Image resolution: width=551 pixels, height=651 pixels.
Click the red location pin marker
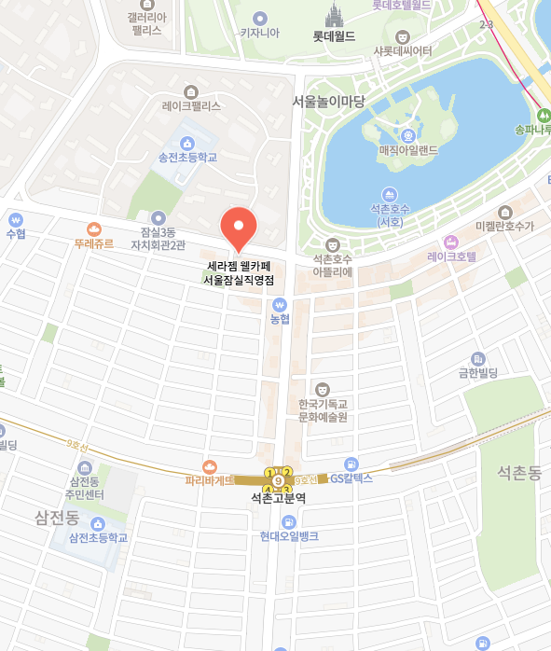238,227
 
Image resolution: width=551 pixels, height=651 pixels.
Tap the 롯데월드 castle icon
334,16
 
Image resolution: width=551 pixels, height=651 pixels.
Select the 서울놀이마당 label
327,101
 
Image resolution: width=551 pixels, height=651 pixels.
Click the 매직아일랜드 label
408,149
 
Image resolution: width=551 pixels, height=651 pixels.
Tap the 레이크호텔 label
451,256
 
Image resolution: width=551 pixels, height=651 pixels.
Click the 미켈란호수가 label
504,227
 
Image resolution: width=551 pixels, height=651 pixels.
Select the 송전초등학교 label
187,158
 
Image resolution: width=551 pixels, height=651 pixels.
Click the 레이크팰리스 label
191,105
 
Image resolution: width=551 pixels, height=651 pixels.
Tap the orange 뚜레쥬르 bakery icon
93,229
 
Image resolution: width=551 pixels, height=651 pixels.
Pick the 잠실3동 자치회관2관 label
158,238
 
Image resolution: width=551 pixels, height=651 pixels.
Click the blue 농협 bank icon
280,304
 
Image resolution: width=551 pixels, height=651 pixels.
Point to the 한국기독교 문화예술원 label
323,410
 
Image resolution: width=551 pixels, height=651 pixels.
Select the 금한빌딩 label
478,373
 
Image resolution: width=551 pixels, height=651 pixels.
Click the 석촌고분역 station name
278,498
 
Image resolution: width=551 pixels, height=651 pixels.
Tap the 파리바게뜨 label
209,480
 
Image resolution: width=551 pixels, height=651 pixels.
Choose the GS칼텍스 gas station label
351,478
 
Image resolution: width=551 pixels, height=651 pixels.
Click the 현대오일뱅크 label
289,536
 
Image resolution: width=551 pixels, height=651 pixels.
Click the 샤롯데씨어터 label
403,50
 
